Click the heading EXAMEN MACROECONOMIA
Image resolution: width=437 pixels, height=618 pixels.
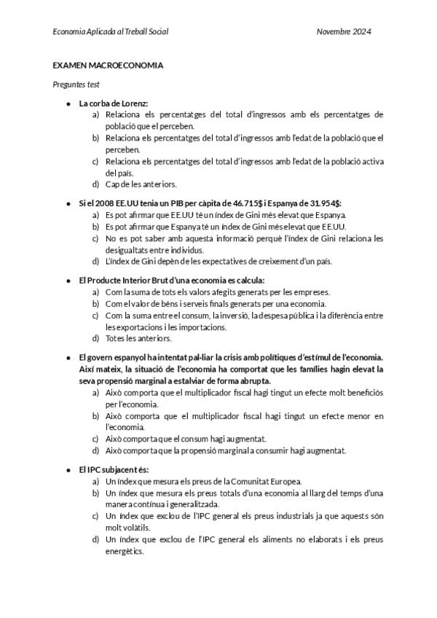coord(108,66)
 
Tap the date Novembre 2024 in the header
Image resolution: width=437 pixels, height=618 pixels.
coord(345,32)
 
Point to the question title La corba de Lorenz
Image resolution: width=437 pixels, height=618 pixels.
coord(113,103)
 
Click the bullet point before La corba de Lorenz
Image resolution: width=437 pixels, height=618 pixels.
coord(68,103)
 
